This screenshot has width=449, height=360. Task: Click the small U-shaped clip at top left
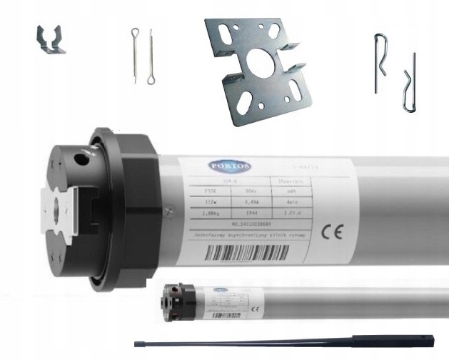[51, 41]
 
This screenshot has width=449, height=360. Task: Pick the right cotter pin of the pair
[152, 57]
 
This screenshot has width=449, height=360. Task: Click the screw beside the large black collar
[167, 209]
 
